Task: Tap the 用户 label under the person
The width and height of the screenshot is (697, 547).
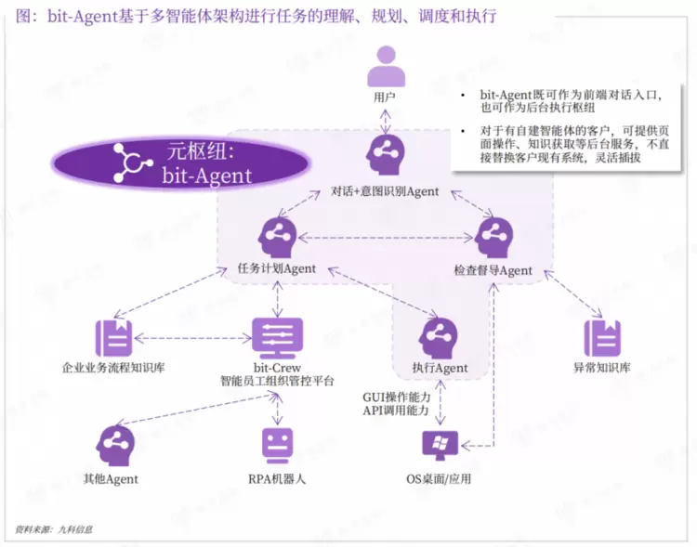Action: pyautogui.click(x=385, y=97)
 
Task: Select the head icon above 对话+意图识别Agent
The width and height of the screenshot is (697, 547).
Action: pyautogui.click(x=385, y=154)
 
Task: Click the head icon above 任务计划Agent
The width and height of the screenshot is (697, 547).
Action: pyautogui.click(x=277, y=238)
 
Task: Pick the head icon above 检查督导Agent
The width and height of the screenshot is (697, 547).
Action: pyautogui.click(x=493, y=238)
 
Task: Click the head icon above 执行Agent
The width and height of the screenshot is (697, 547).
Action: pyautogui.click(x=438, y=338)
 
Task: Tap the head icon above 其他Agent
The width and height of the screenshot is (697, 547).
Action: pyautogui.click(x=115, y=446)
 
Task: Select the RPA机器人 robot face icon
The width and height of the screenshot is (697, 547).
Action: pyautogui.click(x=277, y=446)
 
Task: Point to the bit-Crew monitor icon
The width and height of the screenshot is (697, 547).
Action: pyautogui.click(x=277, y=338)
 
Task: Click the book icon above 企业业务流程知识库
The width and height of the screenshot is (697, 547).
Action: pyautogui.click(x=114, y=338)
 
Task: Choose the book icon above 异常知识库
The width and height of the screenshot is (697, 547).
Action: pyautogui.click(x=602, y=338)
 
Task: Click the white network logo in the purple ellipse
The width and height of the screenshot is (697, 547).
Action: pyautogui.click(x=131, y=163)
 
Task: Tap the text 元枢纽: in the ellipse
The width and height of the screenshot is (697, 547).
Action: pyautogui.click(x=201, y=151)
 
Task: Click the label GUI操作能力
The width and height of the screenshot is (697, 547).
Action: pyautogui.click(x=397, y=397)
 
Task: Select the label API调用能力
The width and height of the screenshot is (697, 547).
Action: pyautogui.click(x=395, y=410)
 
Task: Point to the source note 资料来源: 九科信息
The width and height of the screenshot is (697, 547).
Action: pyautogui.click(x=53, y=529)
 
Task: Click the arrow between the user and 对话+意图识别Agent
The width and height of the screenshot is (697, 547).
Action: pyautogui.click(x=385, y=121)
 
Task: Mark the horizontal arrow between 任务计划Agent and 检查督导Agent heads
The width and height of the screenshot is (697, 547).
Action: pyautogui.click(x=385, y=238)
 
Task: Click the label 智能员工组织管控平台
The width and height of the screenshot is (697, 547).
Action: pyautogui.click(x=277, y=382)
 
